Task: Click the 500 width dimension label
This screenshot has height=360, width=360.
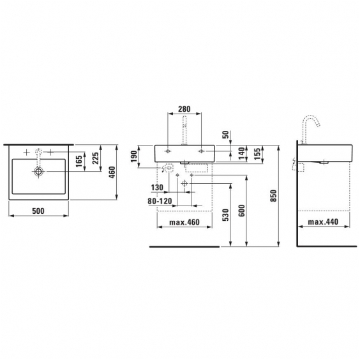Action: point(38,211)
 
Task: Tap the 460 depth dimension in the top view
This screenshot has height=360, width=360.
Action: point(112,172)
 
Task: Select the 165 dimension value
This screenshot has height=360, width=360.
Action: point(79,161)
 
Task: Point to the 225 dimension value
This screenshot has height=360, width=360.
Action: point(95,158)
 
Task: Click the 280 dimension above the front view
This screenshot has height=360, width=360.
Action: point(184,109)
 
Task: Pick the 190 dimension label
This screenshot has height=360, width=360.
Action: point(134,156)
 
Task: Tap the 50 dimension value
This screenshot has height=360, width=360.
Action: point(226,134)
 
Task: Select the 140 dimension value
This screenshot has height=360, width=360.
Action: point(241,153)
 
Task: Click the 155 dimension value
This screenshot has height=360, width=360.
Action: point(258,153)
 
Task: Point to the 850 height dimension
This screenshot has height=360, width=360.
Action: point(273,195)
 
